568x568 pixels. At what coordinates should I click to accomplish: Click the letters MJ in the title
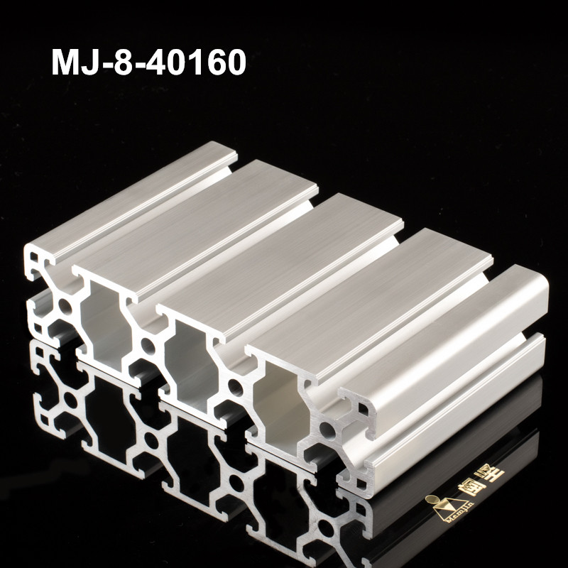(75, 62)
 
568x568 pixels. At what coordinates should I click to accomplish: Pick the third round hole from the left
(235, 387)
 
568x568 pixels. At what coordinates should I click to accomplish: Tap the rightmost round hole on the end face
(327, 429)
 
